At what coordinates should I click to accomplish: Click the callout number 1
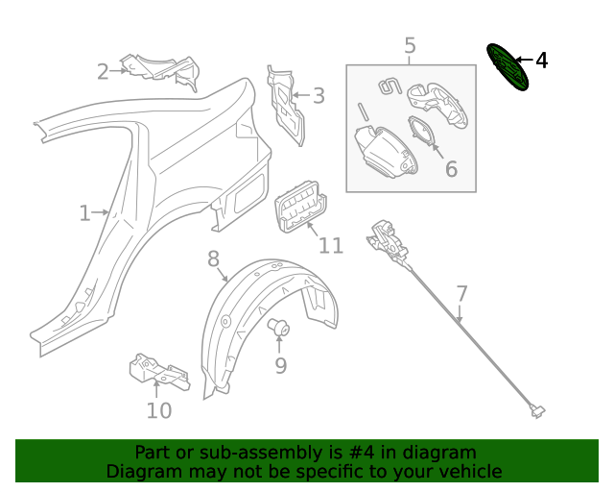click(84, 212)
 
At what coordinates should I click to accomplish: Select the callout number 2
click(103, 71)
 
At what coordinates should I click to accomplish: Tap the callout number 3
click(319, 95)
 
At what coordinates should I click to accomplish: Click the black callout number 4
click(541, 61)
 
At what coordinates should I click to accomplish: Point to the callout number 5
click(410, 45)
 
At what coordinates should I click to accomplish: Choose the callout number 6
click(450, 170)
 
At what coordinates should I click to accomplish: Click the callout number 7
click(461, 293)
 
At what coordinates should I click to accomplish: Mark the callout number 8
click(213, 258)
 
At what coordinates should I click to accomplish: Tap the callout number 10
click(158, 410)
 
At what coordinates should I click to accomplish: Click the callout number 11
click(330, 246)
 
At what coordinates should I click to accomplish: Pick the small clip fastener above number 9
click(280, 328)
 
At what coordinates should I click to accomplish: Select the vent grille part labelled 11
click(299, 205)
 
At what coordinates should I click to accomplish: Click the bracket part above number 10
click(157, 371)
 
